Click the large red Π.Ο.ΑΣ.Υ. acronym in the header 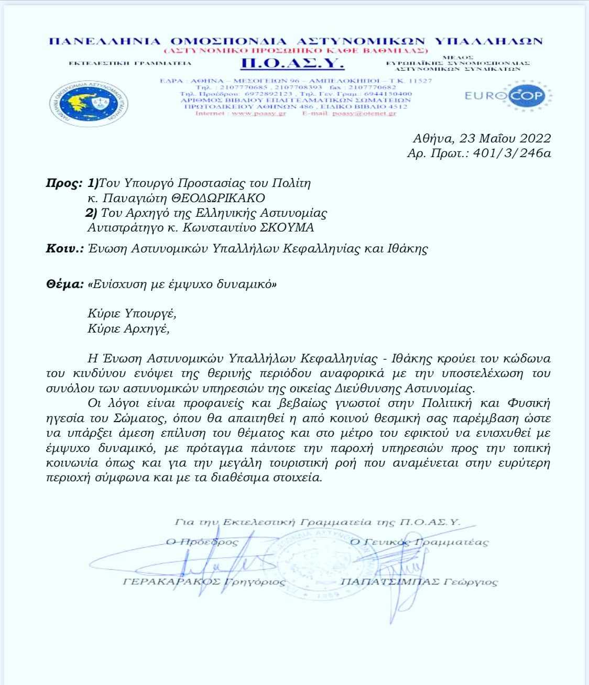292,64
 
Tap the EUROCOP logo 505,96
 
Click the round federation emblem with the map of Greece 90,104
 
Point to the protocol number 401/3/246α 511,153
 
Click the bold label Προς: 64,183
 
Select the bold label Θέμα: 65,284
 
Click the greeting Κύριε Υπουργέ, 132,314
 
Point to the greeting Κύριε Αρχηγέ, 129,329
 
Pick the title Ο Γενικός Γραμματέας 419,542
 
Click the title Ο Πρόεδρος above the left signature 202,542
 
